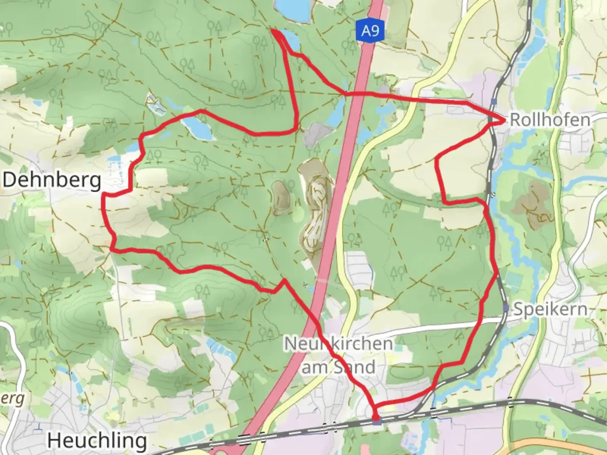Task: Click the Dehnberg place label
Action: (x=52, y=180)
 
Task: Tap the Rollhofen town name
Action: (x=550, y=120)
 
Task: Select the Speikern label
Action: (x=551, y=310)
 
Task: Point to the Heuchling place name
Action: (x=97, y=441)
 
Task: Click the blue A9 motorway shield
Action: (x=370, y=31)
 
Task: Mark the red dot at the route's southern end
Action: (x=375, y=417)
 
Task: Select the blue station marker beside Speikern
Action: (x=506, y=308)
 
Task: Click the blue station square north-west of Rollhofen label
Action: (x=494, y=101)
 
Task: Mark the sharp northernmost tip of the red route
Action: (x=272, y=30)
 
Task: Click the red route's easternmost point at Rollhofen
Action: (x=505, y=120)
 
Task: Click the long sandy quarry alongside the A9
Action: (x=314, y=211)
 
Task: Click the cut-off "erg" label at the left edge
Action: (x=13, y=399)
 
